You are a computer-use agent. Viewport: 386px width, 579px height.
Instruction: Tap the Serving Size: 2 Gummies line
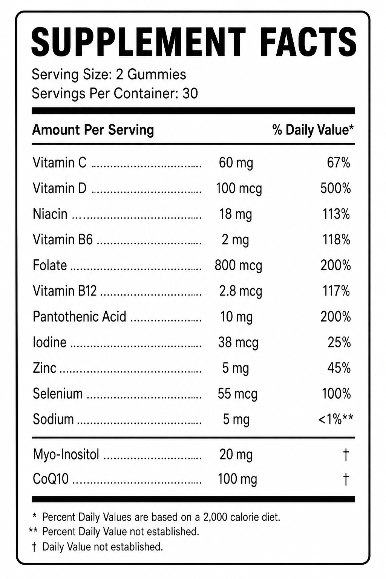109,75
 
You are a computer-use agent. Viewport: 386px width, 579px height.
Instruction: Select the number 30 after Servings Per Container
190,93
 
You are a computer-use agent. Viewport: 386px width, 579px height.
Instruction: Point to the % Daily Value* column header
313,130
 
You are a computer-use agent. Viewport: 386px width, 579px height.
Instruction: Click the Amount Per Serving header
93,130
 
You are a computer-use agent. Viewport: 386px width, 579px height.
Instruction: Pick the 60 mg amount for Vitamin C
236,163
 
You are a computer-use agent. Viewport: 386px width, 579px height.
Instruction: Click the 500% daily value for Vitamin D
335,188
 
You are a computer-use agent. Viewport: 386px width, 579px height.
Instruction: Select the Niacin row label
50,214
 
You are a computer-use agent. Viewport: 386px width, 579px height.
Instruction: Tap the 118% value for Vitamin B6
336,240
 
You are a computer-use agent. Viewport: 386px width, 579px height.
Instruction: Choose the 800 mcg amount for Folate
238,265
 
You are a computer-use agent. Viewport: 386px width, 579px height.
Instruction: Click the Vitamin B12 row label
64,291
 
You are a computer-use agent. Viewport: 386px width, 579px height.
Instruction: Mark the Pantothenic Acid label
80,317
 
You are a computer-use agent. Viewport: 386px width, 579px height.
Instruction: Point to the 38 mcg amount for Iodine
238,343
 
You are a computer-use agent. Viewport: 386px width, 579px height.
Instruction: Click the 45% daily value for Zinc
339,368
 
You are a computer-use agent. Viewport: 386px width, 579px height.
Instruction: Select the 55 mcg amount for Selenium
237,394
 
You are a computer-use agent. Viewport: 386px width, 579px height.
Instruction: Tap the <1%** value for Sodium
336,419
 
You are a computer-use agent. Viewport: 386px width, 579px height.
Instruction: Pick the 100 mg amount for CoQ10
237,479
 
